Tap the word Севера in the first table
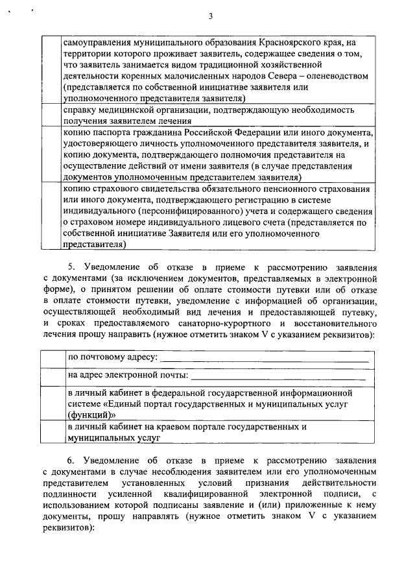point(272,76)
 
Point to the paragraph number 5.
point(72,267)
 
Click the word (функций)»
point(91,414)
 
